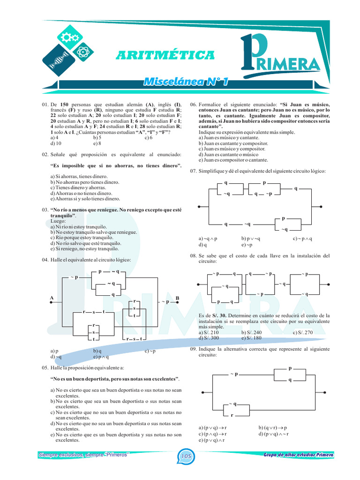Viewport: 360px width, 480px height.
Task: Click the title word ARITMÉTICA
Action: (165, 56)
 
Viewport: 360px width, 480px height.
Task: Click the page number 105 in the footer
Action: (185, 456)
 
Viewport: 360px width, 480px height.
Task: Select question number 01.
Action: (45, 105)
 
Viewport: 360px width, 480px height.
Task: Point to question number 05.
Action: (45, 368)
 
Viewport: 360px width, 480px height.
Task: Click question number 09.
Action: (193, 349)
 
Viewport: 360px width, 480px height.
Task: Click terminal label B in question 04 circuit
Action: (178, 298)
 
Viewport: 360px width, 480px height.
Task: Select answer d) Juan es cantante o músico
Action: (228, 155)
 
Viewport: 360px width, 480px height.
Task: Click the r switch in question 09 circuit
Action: (232, 415)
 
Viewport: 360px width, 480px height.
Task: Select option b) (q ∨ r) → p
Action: (273, 428)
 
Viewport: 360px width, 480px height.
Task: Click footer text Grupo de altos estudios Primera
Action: (299, 455)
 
